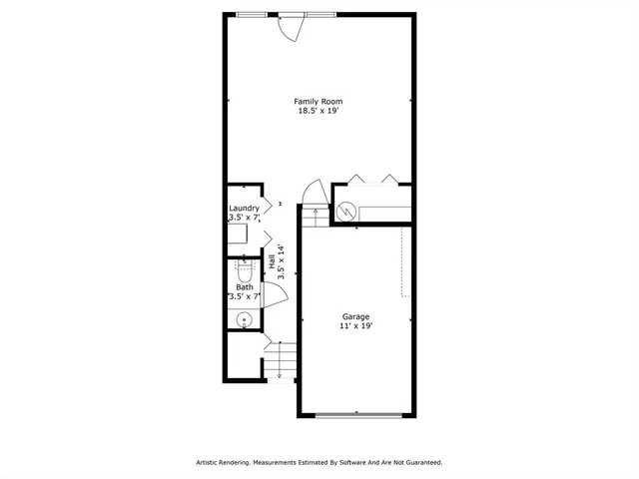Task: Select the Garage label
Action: point(356,316)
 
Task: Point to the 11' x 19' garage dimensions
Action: point(356,326)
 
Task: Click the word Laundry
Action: point(244,208)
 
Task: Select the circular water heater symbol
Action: point(346,212)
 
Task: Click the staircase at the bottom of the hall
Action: point(282,358)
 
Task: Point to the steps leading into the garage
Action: point(316,212)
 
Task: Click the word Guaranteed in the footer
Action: point(422,463)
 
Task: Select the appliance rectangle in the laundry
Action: point(237,235)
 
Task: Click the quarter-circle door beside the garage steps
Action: point(314,191)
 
